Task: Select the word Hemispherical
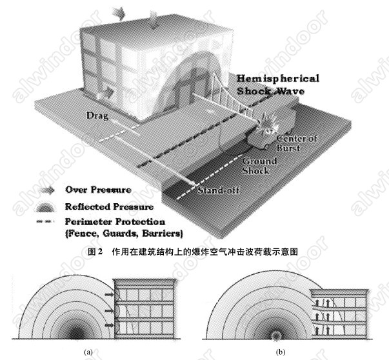click(x=277, y=79)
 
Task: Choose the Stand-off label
click(x=216, y=192)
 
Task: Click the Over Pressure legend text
click(x=101, y=190)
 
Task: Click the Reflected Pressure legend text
click(x=109, y=207)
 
